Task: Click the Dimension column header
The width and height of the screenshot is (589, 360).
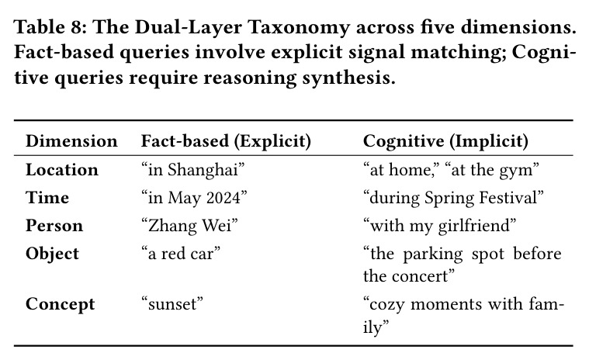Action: (x=71, y=141)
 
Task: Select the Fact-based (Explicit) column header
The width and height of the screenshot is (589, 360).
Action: (x=226, y=141)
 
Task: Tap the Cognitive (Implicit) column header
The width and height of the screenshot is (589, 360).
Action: (x=445, y=141)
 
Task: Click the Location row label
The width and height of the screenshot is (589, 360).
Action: (x=62, y=170)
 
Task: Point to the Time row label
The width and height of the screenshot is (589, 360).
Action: (x=47, y=197)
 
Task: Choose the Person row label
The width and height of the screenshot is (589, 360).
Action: (x=54, y=226)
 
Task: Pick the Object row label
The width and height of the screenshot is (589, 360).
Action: (x=52, y=254)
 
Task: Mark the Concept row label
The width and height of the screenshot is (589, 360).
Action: (x=60, y=304)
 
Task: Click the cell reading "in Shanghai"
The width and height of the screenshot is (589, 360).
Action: (x=193, y=170)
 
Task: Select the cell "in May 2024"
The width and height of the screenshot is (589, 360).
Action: (x=194, y=198)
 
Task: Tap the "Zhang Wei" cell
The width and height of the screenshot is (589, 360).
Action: (x=189, y=226)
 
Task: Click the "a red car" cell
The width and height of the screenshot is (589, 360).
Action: (x=181, y=254)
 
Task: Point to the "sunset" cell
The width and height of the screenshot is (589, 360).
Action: (x=172, y=304)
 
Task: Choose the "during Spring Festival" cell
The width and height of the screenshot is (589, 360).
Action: (x=453, y=198)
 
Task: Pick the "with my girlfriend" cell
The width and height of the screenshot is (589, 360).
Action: (x=439, y=227)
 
